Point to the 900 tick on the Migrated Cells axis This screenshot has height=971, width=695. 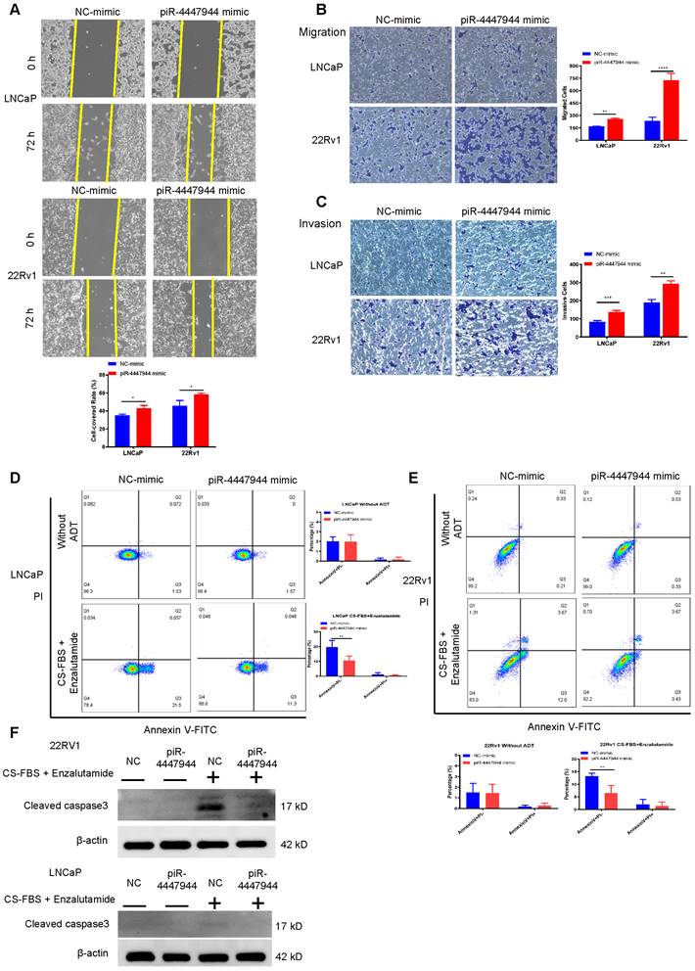point(572,67)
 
